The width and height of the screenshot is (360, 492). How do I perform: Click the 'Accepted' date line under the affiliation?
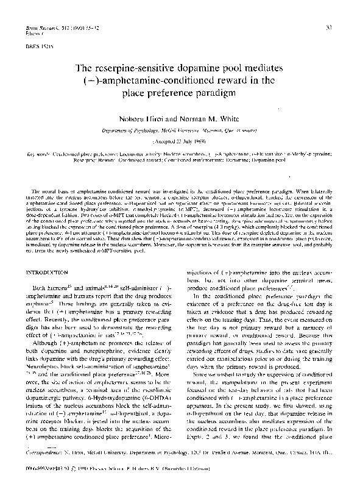pos(180,138)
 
